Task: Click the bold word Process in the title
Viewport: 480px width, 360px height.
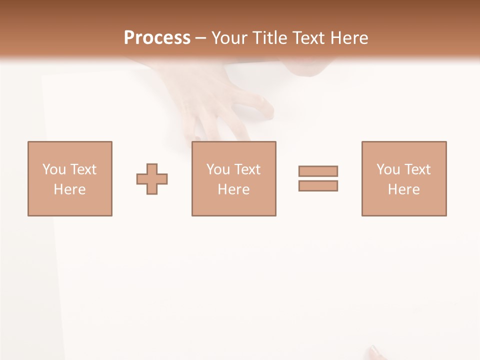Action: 157,38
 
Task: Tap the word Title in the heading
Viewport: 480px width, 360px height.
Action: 270,38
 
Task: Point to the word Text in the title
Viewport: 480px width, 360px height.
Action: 312,38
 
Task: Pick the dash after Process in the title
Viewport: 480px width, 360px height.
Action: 200,38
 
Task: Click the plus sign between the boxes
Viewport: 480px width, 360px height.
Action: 152,179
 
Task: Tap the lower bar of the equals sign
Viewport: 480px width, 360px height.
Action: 318,186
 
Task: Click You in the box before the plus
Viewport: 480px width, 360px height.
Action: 54,169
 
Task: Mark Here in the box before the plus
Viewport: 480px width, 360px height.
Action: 69,189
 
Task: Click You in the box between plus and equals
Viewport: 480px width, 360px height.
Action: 218,169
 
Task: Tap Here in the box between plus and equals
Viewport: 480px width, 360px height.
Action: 233,189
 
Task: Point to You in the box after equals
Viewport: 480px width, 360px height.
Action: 388,169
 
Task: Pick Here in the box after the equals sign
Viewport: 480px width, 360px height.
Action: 403,189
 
